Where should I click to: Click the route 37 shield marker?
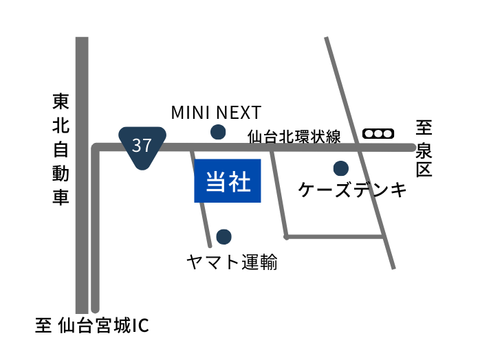[142, 146]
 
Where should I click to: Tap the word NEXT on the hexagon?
[239, 113]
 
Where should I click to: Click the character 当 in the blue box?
[216, 181]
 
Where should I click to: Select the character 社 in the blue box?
[239, 181]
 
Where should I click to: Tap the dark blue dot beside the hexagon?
[218, 132]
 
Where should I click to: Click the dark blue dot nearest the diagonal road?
[340, 168]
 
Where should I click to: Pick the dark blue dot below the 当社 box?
[223, 236]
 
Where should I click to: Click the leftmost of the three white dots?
[369, 133]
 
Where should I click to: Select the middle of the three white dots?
[378, 133]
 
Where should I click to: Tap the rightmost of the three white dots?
[387, 133]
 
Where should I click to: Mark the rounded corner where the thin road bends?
[96, 148]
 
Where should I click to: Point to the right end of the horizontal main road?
[412, 147]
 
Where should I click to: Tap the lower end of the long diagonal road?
[393, 267]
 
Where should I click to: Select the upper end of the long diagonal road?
[327, 38]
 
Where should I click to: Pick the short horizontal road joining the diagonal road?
[334, 236]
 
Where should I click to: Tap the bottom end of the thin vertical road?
[95, 309]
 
